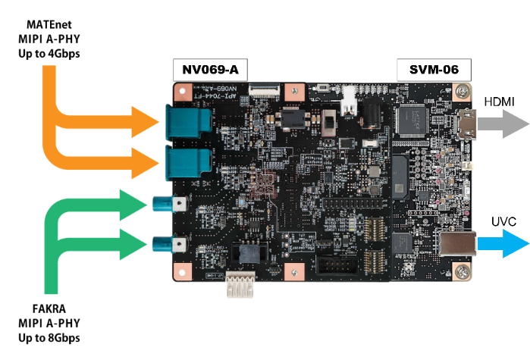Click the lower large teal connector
click(187, 162)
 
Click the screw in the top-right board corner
click(461, 91)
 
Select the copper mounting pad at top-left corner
click(182, 92)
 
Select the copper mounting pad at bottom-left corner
click(182, 270)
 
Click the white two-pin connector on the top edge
click(349, 102)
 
